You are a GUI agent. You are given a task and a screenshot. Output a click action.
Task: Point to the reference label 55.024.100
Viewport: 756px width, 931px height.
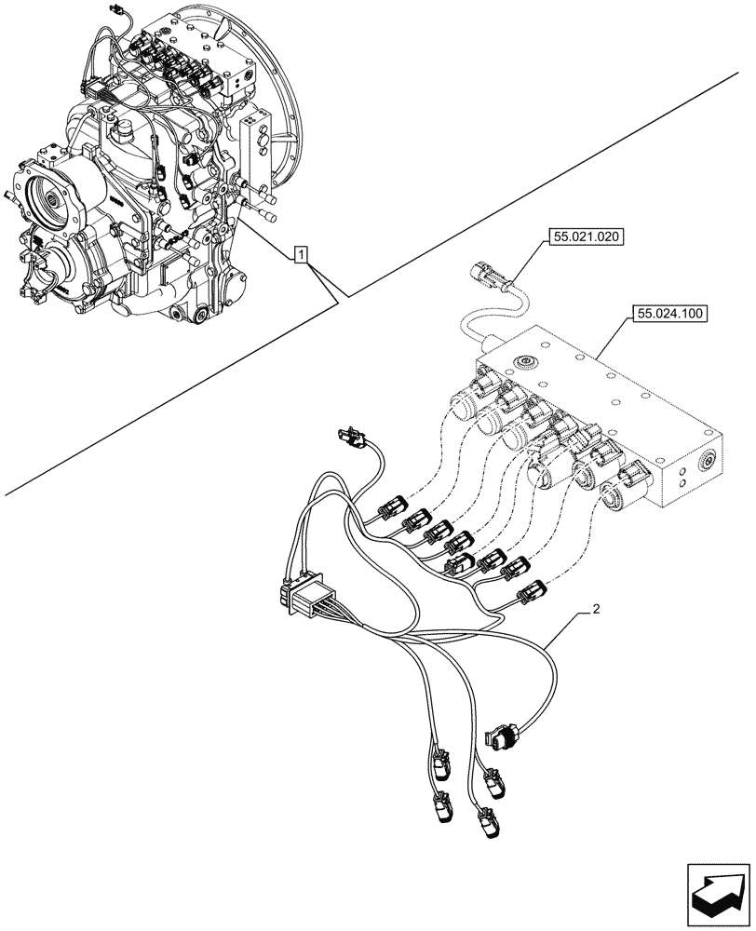pyautogui.click(x=669, y=314)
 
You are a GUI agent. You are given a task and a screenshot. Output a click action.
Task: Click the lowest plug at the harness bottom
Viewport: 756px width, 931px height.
pyautogui.click(x=485, y=825)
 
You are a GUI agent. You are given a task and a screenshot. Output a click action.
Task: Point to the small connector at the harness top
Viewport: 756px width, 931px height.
pyautogui.click(x=354, y=436)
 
